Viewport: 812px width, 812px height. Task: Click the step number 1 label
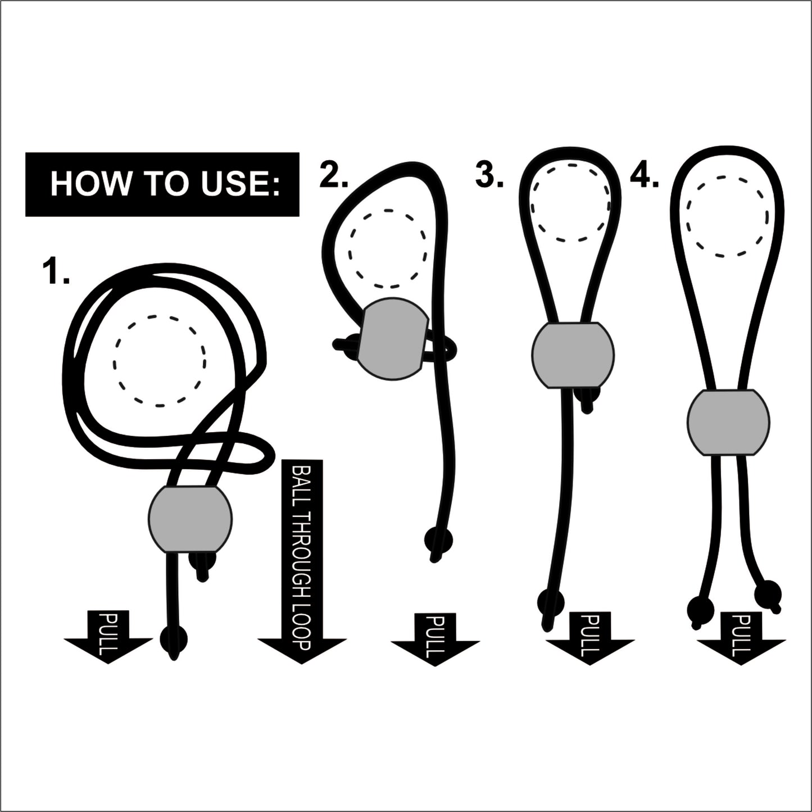coord(56,271)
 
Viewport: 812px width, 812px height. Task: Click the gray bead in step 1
coord(190,518)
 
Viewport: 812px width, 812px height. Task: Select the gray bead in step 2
coord(392,339)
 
